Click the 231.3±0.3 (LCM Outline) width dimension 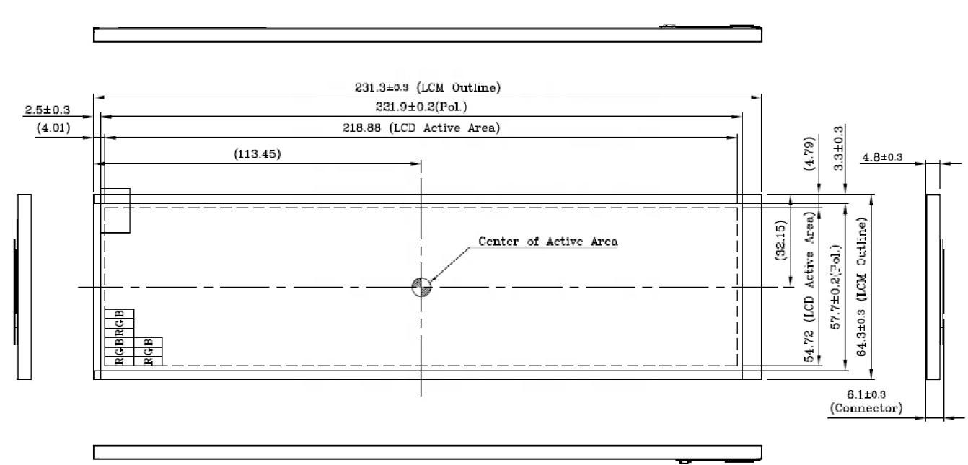coord(427,88)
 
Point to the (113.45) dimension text coord(258,154)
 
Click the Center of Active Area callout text coord(548,242)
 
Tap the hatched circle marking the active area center coord(421,287)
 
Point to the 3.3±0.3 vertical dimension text coord(838,148)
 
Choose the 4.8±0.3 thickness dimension coord(882,157)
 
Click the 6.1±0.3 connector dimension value coord(866,394)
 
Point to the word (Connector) coord(866,408)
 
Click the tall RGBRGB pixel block coord(119,337)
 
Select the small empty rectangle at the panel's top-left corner coord(115,211)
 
